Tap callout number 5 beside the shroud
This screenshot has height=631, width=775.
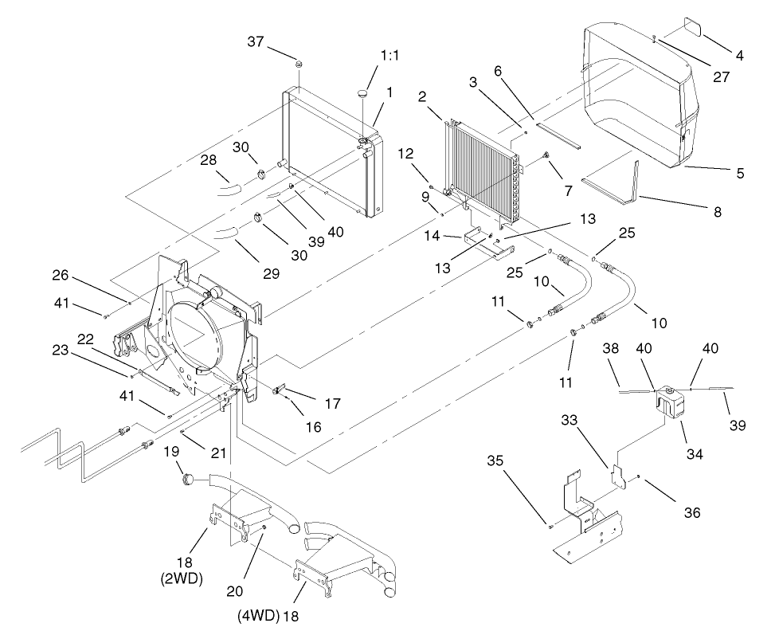point(740,173)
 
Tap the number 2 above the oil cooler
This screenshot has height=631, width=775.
point(423,97)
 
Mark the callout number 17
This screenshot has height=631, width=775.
point(333,404)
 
